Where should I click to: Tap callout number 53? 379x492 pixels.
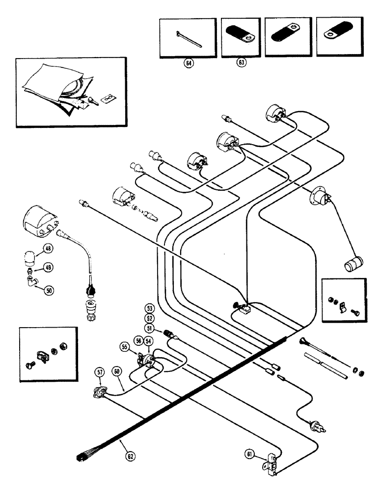click(x=149, y=308)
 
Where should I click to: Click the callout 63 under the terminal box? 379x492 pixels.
click(x=241, y=62)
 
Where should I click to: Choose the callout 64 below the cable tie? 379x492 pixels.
click(x=187, y=62)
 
